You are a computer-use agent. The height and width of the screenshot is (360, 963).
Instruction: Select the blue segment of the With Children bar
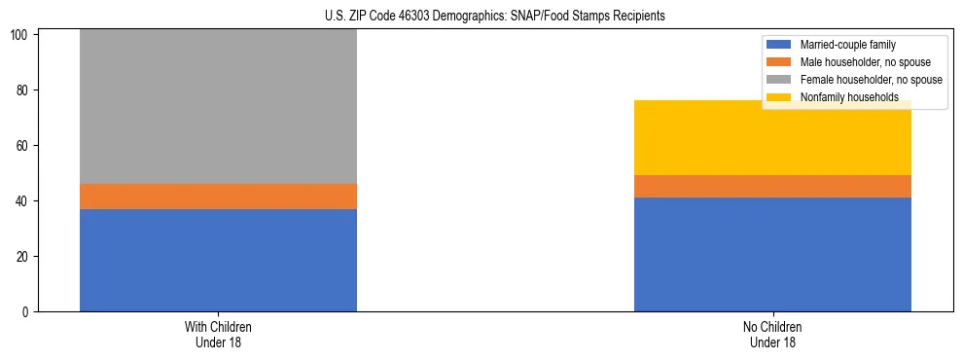[x=218, y=260]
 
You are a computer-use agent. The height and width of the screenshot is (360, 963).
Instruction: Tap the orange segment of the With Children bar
[x=218, y=197]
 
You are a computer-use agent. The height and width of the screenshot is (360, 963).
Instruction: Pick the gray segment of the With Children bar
[x=218, y=107]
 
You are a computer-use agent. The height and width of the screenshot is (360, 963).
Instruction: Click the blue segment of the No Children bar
[x=772, y=254]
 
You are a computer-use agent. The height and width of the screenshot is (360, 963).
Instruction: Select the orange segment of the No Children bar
[x=772, y=187]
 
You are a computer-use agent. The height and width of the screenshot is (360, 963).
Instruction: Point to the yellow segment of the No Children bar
[x=772, y=138]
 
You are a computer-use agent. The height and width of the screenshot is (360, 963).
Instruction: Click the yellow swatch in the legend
[x=779, y=97]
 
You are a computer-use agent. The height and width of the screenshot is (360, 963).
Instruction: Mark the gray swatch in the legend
[x=779, y=80]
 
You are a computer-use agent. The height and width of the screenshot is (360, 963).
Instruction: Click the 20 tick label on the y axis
[x=24, y=257]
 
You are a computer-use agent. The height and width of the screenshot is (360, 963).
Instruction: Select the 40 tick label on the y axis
[x=24, y=201]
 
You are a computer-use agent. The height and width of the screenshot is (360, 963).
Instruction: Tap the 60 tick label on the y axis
[x=24, y=146]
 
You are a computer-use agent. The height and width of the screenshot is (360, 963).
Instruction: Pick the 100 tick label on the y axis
[x=21, y=35]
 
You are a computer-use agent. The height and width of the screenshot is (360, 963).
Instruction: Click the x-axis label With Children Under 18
[x=218, y=334]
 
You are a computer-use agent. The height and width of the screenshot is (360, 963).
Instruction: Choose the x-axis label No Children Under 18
[x=772, y=334]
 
